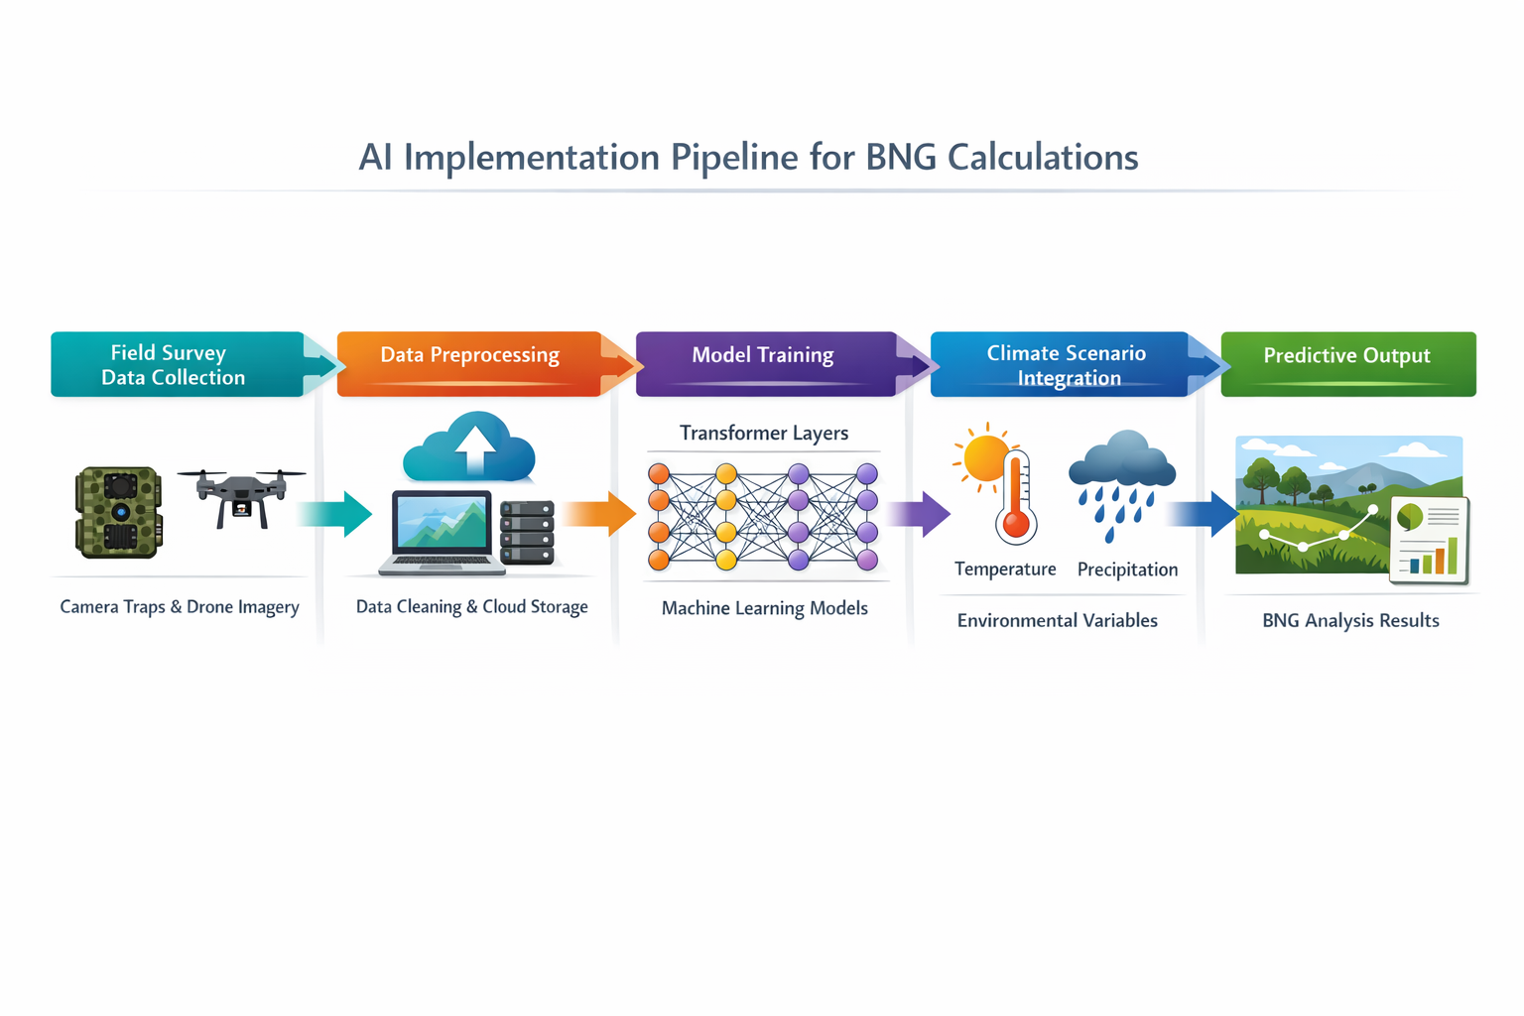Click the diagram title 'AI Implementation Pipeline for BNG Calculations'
coord(748,158)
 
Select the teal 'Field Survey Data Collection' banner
coord(177,365)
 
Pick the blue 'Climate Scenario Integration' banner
coord(1066,365)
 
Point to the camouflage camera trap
coord(119,512)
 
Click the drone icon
coord(241,495)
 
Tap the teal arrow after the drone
coord(334,513)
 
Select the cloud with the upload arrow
coord(470,448)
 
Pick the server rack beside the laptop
coord(527,532)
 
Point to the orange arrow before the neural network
coord(600,514)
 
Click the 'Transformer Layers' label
coord(764,434)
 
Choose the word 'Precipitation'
coord(1127,570)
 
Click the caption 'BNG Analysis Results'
coord(1350,621)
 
